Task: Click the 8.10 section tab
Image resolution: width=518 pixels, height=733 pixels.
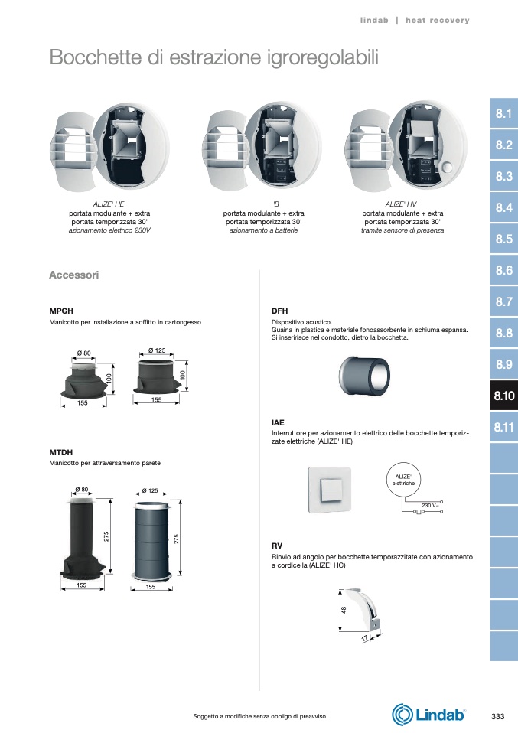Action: pos(503,396)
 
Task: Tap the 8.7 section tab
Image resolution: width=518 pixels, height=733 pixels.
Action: pos(503,301)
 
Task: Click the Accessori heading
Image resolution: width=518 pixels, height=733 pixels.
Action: pos(73,275)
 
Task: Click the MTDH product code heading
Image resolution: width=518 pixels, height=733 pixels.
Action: pos(60,452)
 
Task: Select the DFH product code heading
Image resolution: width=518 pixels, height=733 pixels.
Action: pos(279,311)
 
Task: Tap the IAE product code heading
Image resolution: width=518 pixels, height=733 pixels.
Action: pos(278,422)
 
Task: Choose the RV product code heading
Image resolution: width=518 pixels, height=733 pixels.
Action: pos(277,545)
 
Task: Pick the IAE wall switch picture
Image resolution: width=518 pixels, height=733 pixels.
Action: pos(328,489)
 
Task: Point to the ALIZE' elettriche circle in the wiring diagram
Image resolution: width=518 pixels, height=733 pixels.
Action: pos(403,480)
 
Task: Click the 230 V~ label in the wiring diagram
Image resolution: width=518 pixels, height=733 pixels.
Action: pos(430,505)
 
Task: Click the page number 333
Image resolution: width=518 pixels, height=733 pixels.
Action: pos(497,716)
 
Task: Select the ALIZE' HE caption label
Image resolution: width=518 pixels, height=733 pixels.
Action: pos(109,204)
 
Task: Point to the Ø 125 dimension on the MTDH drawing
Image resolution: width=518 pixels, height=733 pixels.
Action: pos(150,490)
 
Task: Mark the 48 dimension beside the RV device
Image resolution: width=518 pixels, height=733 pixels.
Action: pos(344,611)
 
